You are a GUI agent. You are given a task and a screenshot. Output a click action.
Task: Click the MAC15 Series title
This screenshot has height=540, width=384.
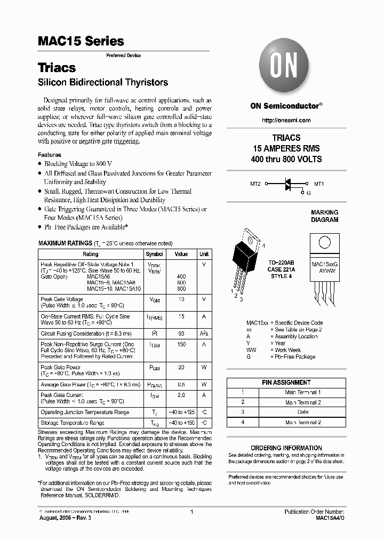coord(81,41)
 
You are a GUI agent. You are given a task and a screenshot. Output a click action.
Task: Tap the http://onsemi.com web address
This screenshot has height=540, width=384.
coord(286,121)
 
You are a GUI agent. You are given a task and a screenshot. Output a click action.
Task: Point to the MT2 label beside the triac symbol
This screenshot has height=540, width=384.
coord(255,184)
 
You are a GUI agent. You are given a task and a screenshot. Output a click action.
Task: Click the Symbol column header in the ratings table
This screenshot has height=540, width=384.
coord(154,254)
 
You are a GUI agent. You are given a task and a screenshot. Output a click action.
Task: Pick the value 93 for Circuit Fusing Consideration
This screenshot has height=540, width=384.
coord(181,333)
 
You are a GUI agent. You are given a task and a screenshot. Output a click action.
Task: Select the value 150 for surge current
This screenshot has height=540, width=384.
coord(181,345)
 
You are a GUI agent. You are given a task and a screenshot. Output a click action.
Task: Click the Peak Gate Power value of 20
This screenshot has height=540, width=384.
coord(181,368)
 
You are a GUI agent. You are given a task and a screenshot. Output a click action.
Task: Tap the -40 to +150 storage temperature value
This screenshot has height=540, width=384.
coord(181,423)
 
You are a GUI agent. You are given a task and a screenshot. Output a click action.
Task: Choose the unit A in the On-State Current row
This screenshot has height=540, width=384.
coord(204,316)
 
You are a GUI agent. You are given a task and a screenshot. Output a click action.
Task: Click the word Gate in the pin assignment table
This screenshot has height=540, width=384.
coord(302,412)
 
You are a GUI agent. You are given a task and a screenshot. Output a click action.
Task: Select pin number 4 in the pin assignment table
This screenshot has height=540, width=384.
coord(243,423)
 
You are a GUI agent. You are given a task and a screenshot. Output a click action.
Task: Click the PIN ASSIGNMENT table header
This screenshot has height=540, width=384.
coord(286,383)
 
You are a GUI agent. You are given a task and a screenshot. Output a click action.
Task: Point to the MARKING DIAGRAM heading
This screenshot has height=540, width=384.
coord(324,216)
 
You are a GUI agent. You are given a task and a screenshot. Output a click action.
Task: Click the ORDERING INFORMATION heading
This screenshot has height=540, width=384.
coord(286,448)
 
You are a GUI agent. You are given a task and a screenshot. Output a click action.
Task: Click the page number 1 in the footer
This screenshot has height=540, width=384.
coord(191,512)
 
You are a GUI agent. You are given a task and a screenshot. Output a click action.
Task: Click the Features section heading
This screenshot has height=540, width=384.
coord(50,155)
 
